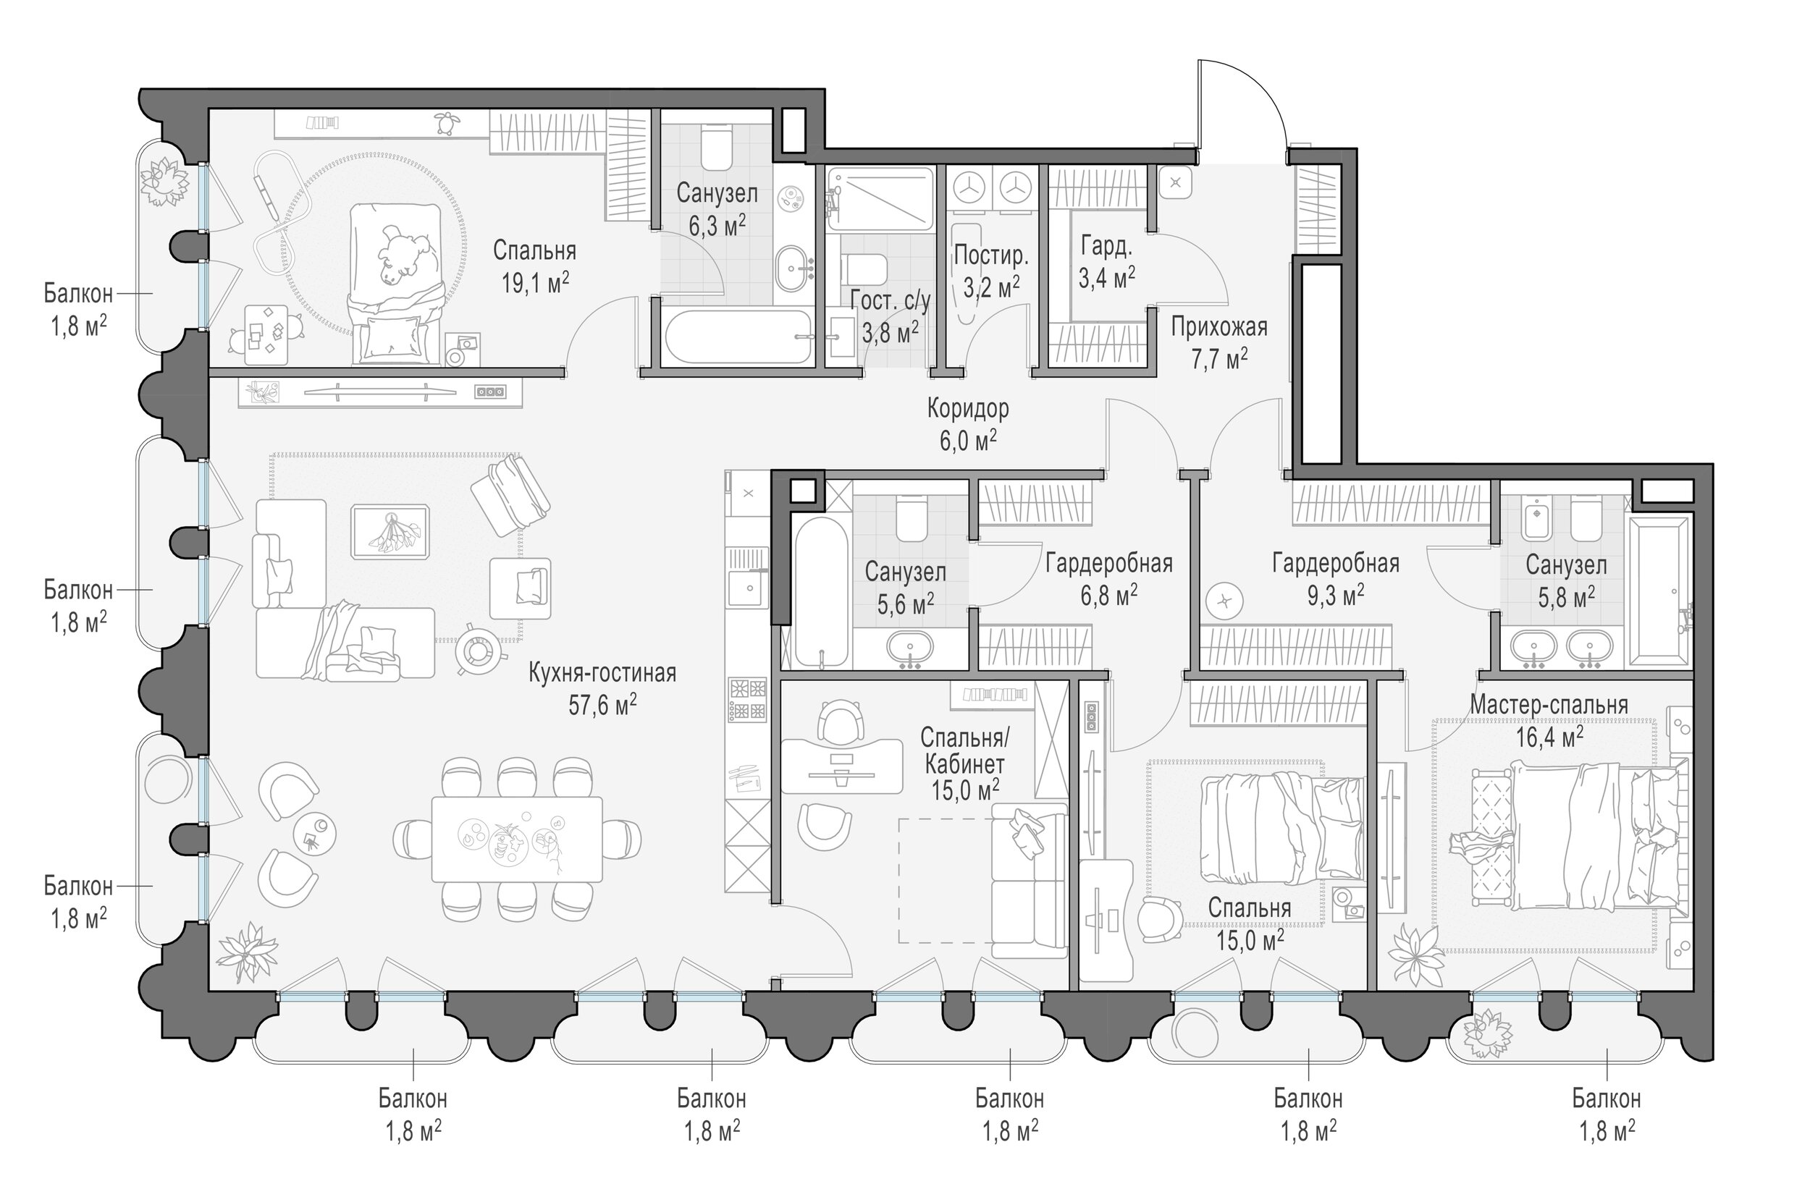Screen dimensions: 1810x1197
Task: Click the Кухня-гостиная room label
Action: [x=602, y=673]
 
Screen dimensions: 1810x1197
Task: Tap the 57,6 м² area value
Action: [x=602, y=705]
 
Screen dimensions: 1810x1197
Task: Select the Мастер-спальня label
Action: [x=1549, y=705]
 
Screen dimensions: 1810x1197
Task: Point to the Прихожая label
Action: [x=1219, y=328]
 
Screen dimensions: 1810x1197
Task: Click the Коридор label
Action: [x=967, y=409]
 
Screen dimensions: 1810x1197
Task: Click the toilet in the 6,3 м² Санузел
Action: [x=715, y=148]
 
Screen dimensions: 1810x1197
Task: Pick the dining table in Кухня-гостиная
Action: [x=517, y=839]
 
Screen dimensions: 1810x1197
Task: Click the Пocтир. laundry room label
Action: [x=991, y=255]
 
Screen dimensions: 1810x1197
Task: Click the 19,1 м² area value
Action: [x=535, y=283]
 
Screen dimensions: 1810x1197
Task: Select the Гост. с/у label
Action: [x=891, y=303]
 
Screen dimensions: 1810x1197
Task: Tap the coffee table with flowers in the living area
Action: [x=390, y=530]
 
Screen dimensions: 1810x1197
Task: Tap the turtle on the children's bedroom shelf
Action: [x=443, y=122]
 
